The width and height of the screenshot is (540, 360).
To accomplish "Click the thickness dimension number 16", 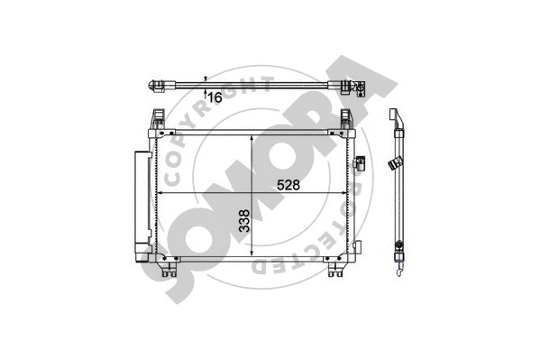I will pyautogui.click(x=215, y=96).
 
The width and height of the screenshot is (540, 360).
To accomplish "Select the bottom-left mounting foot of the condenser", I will pyautogui.click(x=167, y=268).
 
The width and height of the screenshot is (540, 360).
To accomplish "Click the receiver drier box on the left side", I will pyautogui.click(x=140, y=202).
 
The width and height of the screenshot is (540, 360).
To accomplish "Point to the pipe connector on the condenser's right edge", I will pyautogui.click(x=360, y=162).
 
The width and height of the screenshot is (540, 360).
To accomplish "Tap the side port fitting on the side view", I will pyautogui.click(x=393, y=163).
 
